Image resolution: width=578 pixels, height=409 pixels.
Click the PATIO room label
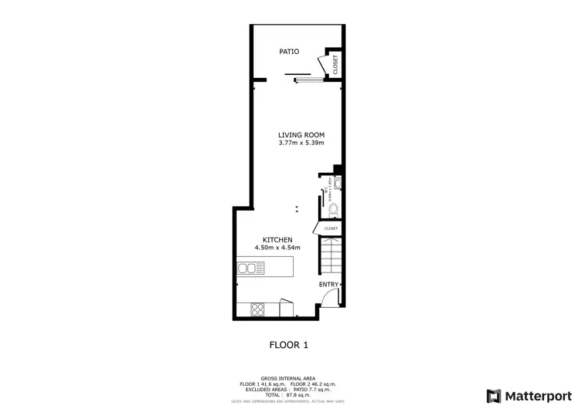[x=289, y=52]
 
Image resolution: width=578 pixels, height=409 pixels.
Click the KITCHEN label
[x=277, y=240]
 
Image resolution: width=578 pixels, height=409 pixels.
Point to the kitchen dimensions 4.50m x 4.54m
[x=277, y=248]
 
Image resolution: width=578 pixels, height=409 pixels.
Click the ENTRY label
[x=328, y=284]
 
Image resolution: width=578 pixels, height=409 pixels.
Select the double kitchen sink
[x=250, y=268]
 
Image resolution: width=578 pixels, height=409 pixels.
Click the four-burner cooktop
[x=257, y=309]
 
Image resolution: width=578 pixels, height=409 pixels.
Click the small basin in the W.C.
[x=338, y=183]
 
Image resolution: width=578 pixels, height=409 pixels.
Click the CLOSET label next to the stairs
[x=331, y=228]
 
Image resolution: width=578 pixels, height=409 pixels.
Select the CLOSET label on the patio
[x=335, y=64]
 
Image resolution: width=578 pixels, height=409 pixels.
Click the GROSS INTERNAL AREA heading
[x=288, y=378]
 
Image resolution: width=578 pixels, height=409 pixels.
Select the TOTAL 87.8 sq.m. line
[x=288, y=394]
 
